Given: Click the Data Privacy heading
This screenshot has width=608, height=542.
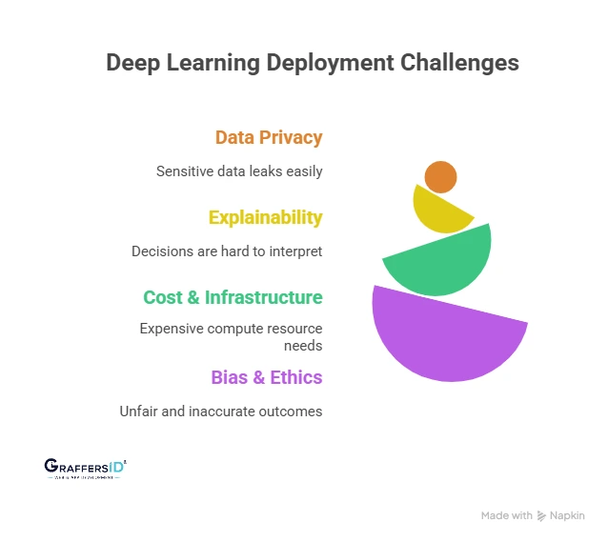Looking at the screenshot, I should point(269,137).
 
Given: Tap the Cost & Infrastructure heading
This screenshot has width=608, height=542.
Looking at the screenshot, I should point(233,297).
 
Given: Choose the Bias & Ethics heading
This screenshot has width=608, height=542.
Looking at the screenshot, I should point(266,377).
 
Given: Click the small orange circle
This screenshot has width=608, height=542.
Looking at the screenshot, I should point(440,176).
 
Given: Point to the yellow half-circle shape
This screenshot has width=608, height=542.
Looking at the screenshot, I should point(438,211).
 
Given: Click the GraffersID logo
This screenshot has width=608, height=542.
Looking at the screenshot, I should point(85,467).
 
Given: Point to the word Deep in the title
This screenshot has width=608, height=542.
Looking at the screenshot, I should point(133,63).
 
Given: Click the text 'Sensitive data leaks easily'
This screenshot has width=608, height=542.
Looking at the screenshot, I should point(239,171).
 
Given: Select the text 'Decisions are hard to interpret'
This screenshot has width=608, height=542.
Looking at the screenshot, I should point(227,251).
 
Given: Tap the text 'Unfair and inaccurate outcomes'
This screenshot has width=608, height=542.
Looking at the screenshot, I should point(221,412).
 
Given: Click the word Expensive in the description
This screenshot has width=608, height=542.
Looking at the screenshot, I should point(174,328).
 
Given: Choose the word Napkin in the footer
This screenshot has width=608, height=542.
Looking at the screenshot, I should point(568,515).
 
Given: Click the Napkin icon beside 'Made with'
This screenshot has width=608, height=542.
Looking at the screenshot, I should point(542,515).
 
